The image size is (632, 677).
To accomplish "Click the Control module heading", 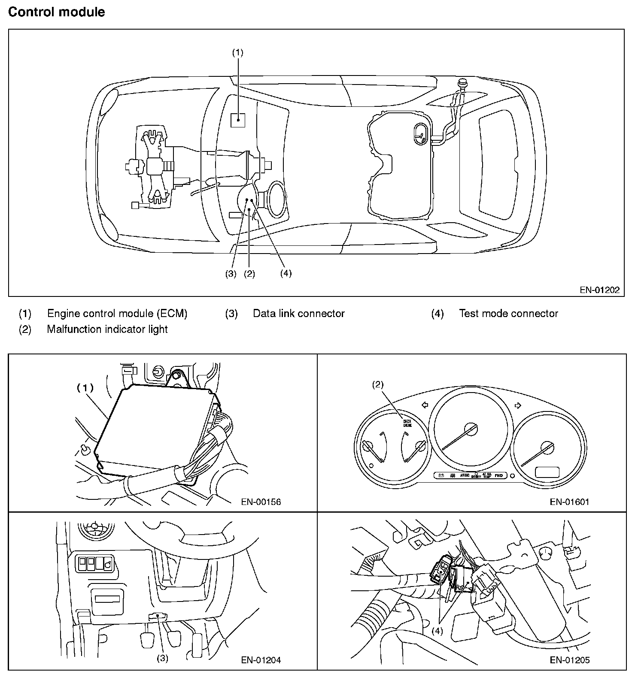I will [56, 12].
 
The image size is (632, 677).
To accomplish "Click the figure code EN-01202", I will [599, 290].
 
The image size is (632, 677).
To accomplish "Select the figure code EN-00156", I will [261, 502].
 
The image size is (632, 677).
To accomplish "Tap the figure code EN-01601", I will [569, 502].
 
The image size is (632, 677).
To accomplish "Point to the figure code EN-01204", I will [261, 660].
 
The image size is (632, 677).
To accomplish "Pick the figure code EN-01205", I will [569, 660].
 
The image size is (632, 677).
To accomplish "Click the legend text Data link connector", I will [298, 314].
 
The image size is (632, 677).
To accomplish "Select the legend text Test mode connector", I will [508, 314].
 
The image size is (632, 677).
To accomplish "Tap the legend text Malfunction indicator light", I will [107, 329].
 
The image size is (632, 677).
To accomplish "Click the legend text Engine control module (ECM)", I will [117, 314].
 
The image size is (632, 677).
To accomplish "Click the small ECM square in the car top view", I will [238, 120].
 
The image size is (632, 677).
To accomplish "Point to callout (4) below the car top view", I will [286, 273].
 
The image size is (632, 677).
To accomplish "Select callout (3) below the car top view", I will [231, 274].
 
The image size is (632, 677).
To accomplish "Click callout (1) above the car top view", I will [237, 52].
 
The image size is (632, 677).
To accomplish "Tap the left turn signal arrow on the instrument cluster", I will [425, 405].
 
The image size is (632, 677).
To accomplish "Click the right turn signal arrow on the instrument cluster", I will [518, 405].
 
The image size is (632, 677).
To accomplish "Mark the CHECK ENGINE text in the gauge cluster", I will [407, 423].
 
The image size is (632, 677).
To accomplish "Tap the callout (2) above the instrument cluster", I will [377, 384].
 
